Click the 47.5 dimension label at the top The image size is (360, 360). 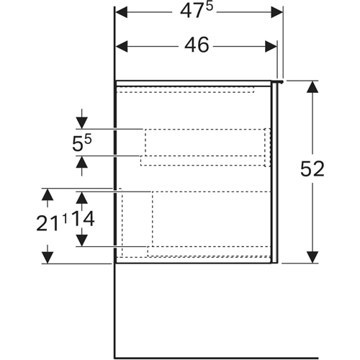tap(197, 11)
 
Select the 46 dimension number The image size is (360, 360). tap(197, 45)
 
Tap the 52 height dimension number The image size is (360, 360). tap(312, 168)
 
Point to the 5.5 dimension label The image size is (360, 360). tap(82, 143)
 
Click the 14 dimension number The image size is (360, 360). tap(83, 219)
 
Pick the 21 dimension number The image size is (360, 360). tap(48, 223)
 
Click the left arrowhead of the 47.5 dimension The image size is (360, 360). tap(122, 12)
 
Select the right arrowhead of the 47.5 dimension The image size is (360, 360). tap(277, 12)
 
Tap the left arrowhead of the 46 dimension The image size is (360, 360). tap(122, 46)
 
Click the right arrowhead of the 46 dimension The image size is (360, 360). tap(271, 46)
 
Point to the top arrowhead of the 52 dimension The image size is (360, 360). tap(312, 87)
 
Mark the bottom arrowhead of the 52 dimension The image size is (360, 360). tap(312, 257)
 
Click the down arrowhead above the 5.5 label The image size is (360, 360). tap(82, 123)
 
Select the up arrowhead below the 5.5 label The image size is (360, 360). tap(82, 162)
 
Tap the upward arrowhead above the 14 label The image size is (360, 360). tap(82, 198)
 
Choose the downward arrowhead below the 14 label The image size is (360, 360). tap(82, 240)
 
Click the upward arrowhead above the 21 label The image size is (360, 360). tap(48, 194)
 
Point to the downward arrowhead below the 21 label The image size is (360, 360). tap(48, 258)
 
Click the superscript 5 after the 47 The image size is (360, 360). tap(210, 7)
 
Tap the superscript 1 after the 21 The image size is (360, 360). tap(65, 220)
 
